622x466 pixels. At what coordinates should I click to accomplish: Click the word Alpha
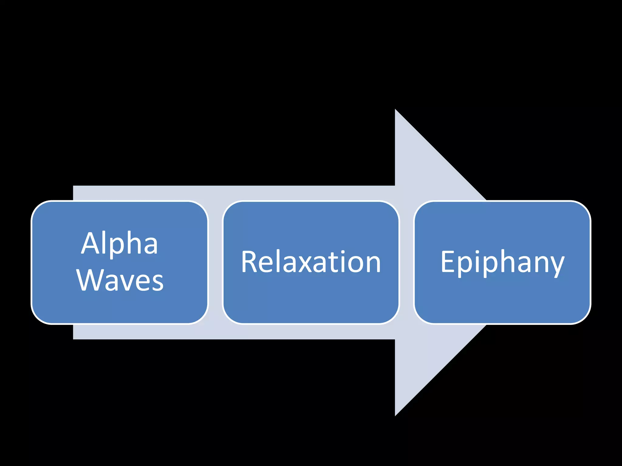120,244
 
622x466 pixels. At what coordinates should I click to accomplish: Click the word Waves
120,280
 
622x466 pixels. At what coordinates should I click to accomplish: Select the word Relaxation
311,262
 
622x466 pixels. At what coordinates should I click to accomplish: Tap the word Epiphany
502,262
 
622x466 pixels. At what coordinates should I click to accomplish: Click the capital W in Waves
90,280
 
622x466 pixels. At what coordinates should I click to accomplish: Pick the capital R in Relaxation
250,262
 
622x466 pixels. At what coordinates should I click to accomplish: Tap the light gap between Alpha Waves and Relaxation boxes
215,262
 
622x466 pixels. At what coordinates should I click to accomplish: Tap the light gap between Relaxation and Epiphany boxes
407,262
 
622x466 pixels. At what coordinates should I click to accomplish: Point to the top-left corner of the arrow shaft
74,187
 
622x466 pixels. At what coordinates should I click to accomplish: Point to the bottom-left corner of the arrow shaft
74,338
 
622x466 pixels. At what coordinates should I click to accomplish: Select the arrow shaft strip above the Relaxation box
311,193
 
